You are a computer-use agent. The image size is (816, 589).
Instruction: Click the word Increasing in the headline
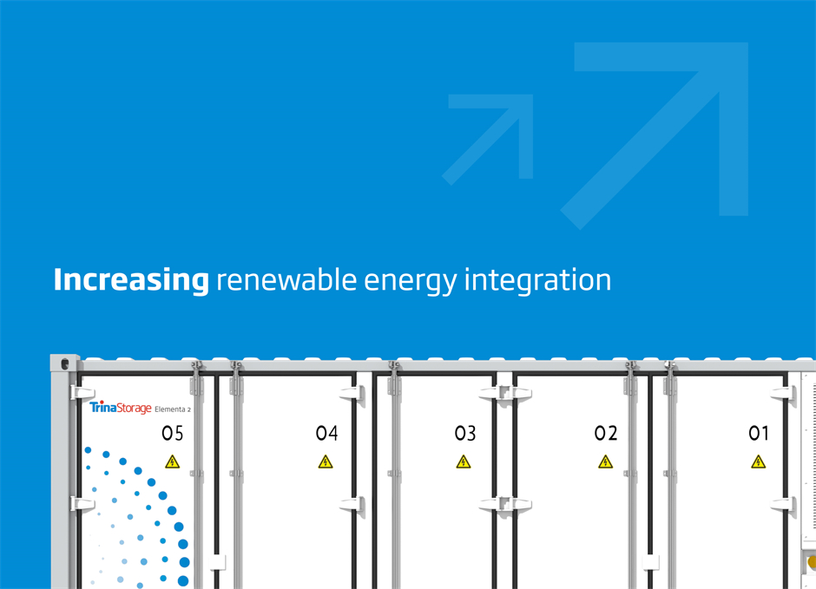pos(131,281)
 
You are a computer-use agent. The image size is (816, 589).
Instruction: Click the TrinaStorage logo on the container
pos(120,407)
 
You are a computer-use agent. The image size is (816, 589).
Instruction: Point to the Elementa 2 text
pos(174,409)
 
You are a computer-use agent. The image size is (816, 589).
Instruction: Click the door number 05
pos(173,434)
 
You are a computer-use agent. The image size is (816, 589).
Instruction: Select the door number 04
pos(326,434)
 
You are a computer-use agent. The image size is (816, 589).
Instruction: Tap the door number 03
pos(465,434)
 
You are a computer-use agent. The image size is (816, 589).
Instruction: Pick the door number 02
pos(606,434)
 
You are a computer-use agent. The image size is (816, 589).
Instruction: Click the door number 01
pos(759,434)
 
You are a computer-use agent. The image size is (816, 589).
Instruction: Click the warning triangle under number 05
pos(172,461)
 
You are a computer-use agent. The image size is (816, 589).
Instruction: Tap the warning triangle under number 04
pos(326,461)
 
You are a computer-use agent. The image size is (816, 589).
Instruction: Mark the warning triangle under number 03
pos(464,461)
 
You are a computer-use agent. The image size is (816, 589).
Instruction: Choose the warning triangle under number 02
pos(605,461)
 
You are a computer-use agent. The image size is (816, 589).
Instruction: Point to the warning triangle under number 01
pos(759,461)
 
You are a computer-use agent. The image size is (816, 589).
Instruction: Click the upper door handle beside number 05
pos(82,392)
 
